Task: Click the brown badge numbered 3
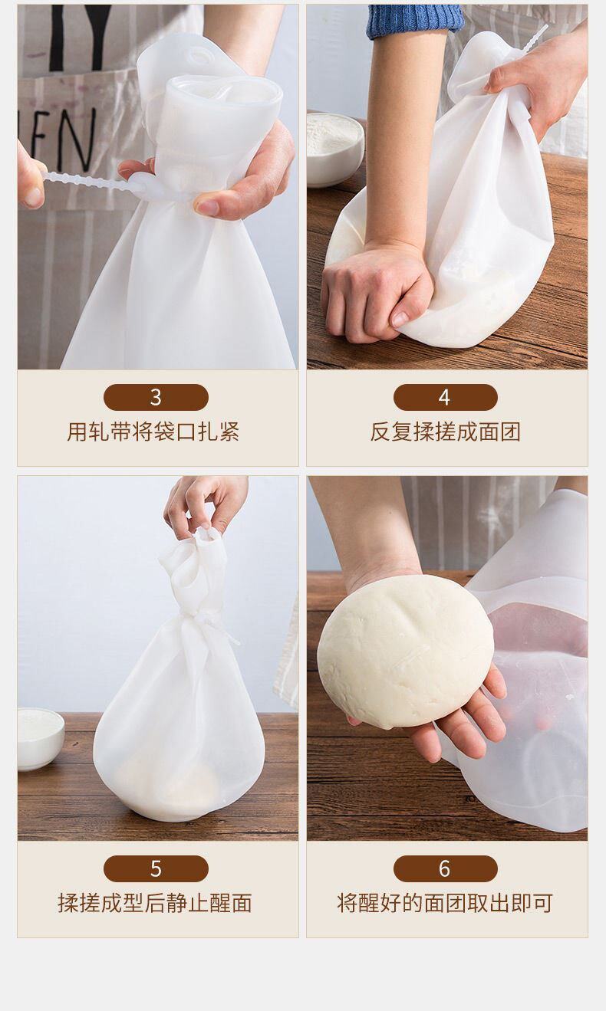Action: pyautogui.click(x=156, y=397)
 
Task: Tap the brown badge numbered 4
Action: pyautogui.click(x=445, y=397)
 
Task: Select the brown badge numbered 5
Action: pyautogui.click(x=156, y=868)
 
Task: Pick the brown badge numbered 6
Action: pyautogui.click(x=445, y=868)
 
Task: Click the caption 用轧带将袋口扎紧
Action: pyautogui.click(x=153, y=432)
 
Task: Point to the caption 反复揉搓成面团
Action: pyautogui.click(x=445, y=432)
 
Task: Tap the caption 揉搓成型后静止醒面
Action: pyautogui.click(x=155, y=903)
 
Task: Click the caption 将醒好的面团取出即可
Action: pyautogui.click(x=445, y=903)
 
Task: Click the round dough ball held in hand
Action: pyautogui.click(x=405, y=652)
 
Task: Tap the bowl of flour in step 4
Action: pyautogui.click(x=335, y=149)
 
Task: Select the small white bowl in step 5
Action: pyautogui.click(x=40, y=738)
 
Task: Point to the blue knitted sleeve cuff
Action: pyautogui.click(x=416, y=21)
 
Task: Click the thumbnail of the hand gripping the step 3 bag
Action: pyautogui.click(x=207, y=207)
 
